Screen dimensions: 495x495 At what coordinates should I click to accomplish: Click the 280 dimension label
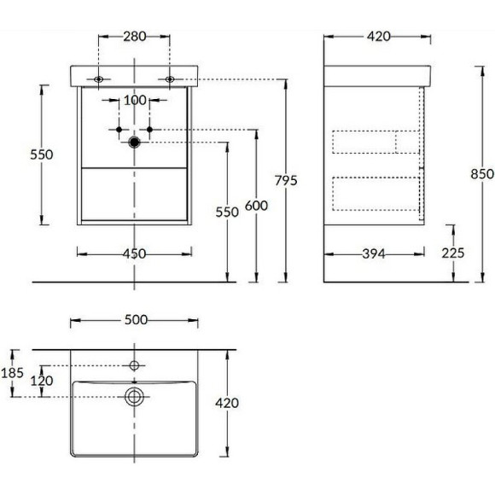(135, 37)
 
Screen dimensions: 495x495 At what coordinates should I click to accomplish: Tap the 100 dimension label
(135, 101)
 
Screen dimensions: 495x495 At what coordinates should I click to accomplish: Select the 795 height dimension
(286, 180)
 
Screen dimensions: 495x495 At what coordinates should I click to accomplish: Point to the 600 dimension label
(256, 206)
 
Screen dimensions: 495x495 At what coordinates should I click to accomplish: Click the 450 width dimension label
(135, 253)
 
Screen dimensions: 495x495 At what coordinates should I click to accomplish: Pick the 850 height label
(482, 174)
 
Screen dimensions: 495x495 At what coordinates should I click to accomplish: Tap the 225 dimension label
(453, 253)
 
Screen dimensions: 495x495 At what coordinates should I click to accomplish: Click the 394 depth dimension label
(374, 253)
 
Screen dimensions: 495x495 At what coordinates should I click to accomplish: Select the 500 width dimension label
(136, 320)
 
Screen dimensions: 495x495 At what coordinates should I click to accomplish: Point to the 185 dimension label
(12, 373)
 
